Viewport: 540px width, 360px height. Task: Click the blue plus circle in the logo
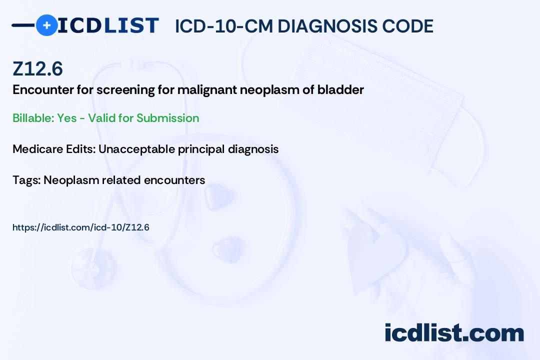click(46, 25)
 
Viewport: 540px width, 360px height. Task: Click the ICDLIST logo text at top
click(108, 25)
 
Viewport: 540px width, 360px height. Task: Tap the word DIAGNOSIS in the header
click(329, 26)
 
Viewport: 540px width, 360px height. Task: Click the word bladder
click(344, 90)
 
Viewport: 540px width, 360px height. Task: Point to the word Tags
click(25, 180)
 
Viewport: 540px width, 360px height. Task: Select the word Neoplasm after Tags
click(70, 180)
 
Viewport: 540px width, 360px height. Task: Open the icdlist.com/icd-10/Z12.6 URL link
click(81, 227)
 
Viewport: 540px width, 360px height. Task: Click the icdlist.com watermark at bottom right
click(454, 333)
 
